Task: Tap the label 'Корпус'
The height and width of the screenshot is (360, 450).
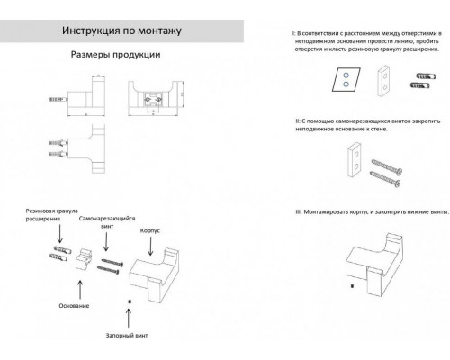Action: [149, 230]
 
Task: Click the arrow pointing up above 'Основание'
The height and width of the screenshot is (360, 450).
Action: [75, 287]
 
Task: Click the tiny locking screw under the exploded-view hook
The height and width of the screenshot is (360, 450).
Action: [130, 301]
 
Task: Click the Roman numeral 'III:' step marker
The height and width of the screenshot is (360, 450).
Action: [299, 211]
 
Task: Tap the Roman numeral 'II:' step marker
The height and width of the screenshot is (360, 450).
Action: [299, 120]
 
